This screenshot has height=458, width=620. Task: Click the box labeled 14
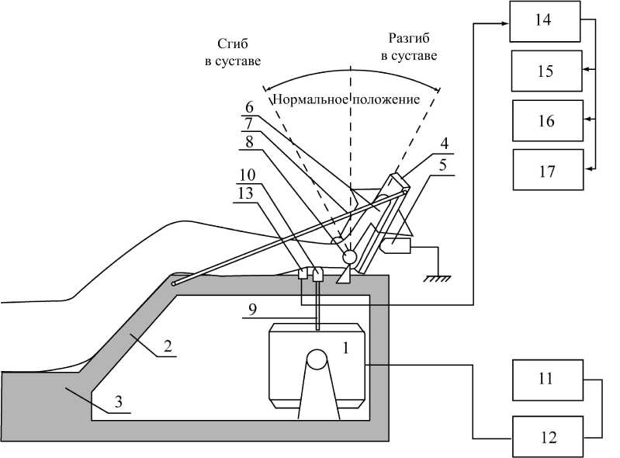tap(544, 22)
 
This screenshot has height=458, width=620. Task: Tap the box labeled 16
tap(546, 120)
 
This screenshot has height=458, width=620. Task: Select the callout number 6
tap(249, 107)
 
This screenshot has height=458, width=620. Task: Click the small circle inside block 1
tap(317, 359)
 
